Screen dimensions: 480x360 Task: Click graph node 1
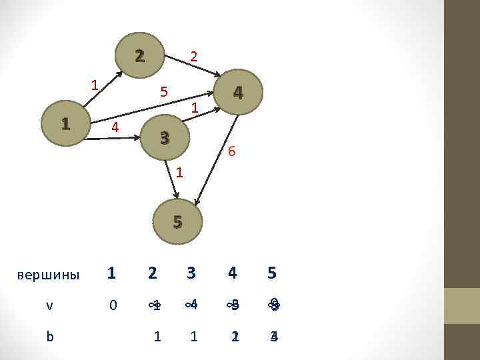click(x=65, y=123)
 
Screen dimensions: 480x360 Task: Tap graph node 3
click(x=165, y=138)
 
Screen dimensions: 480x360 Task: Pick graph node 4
click(x=238, y=93)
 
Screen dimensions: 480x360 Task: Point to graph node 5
click(x=177, y=222)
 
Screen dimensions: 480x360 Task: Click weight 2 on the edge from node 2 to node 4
click(x=193, y=58)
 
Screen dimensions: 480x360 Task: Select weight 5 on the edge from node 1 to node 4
click(x=163, y=91)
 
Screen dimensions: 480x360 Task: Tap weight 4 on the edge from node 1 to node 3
click(x=115, y=126)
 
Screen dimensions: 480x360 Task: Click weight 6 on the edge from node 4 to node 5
click(x=231, y=151)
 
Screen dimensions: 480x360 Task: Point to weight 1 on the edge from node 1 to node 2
click(x=95, y=85)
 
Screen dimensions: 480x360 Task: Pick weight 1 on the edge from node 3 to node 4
click(x=194, y=107)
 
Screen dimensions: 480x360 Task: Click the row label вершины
click(x=47, y=275)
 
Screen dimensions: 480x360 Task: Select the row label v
click(x=49, y=305)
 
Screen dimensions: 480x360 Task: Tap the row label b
click(x=50, y=337)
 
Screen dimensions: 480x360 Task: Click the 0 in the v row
click(x=113, y=305)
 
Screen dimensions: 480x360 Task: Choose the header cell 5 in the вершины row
click(x=271, y=273)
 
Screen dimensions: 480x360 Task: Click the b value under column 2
click(x=157, y=337)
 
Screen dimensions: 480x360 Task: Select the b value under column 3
click(x=193, y=337)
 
